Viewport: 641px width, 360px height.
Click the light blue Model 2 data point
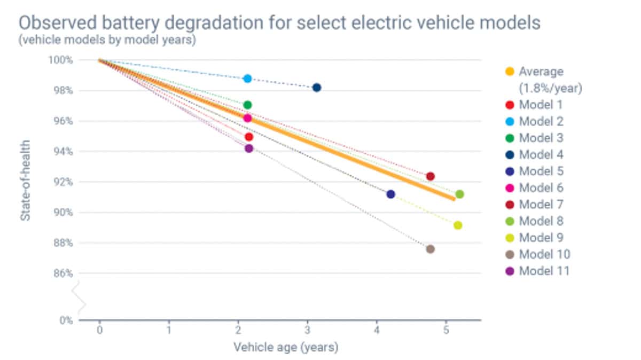[x=247, y=79]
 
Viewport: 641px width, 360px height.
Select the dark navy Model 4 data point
[x=317, y=88]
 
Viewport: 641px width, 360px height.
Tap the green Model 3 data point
[x=247, y=105]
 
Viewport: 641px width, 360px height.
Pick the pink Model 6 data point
[x=247, y=118]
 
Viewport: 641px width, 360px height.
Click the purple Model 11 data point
[x=249, y=148]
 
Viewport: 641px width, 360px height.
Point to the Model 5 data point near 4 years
[x=390, y=194]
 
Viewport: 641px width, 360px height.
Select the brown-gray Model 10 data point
[x=430, y=249]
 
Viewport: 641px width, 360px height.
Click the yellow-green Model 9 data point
[x=458, y=225]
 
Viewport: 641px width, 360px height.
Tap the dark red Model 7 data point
[x=431, y=176]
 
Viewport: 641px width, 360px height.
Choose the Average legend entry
[x=541, y=72]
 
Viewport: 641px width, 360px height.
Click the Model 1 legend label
[x=541, y=105]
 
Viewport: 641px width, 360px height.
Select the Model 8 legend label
[x=541, y=221]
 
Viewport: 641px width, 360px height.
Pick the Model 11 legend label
[x=544, y=271]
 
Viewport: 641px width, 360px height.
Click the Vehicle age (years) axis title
[x=286, y=348]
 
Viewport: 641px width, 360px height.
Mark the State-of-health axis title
[x=25, y=181]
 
